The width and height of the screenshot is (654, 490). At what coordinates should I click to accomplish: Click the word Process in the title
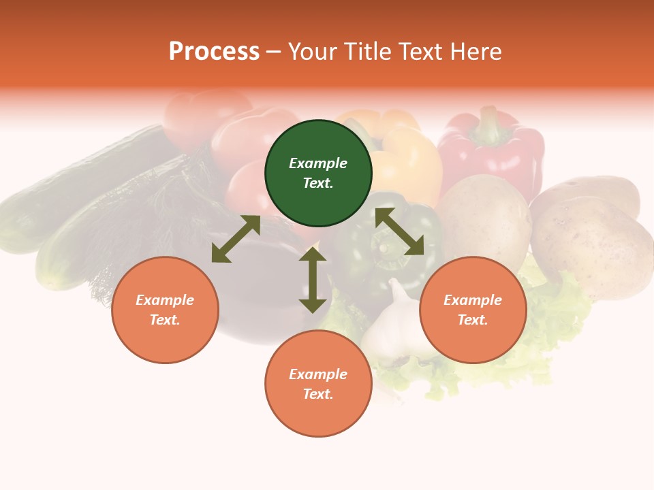[214, 52]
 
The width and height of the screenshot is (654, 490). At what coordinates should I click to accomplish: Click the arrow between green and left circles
[236, 239]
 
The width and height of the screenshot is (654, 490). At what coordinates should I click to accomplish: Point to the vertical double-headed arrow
[313, 280]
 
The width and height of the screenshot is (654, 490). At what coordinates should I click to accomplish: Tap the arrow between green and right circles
[399, 232]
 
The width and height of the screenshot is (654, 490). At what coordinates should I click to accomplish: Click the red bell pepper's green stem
[488, 122]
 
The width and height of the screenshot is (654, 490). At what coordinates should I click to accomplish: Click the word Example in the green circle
[318, 163]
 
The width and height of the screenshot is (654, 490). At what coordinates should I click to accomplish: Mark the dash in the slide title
[274, 52]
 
